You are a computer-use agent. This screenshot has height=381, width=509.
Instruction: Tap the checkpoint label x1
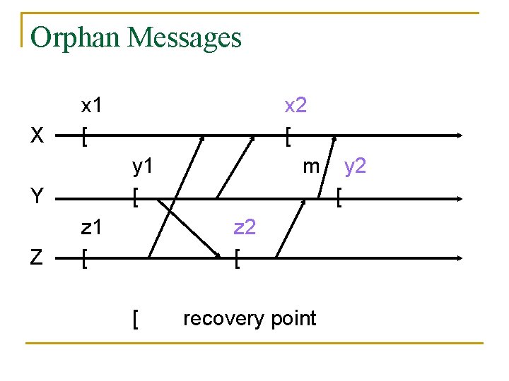92,106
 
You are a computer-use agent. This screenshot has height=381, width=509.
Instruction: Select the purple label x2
295,106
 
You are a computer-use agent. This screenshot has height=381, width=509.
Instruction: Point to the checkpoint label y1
144,167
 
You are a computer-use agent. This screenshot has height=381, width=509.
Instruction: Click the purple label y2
355,167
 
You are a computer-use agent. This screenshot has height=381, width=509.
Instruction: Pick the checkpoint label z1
92,227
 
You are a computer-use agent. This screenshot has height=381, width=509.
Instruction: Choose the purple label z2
245,227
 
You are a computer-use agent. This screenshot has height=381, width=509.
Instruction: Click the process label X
38,135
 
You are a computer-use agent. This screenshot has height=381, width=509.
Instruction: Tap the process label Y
38,197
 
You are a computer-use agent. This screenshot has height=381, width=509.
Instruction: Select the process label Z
38,258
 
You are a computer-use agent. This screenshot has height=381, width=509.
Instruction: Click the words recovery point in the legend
250,318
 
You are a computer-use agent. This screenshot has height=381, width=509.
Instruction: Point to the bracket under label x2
288,137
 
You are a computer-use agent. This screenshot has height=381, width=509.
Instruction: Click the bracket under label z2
237,260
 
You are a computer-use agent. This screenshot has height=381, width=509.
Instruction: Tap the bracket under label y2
340,199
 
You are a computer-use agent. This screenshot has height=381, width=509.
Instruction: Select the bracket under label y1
135,199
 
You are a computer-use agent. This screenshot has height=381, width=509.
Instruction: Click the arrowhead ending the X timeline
460,135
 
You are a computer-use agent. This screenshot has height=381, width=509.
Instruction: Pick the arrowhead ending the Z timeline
460,258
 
